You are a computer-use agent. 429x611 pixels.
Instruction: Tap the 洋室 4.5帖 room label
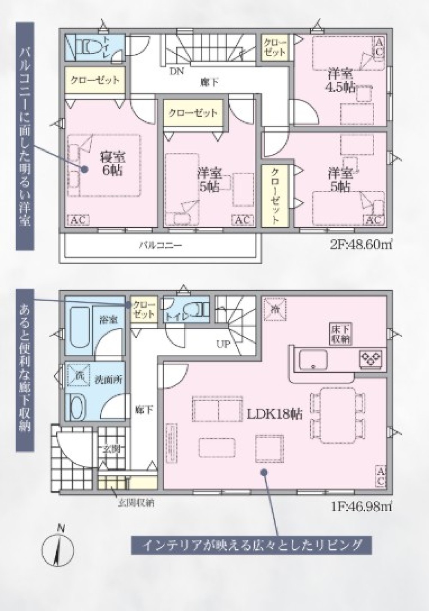point(341,80)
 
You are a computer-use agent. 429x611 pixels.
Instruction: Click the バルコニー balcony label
point(160,246)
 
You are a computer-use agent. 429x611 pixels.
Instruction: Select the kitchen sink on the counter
point(313,359)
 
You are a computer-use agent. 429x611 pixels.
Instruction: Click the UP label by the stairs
point(223,344)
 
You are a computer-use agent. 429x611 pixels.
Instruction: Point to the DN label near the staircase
point(176,71)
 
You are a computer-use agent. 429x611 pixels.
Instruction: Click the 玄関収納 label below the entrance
point(136,502)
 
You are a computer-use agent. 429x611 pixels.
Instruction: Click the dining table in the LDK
point(338,415)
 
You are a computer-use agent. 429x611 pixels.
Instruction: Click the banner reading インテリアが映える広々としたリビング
point(251,545)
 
